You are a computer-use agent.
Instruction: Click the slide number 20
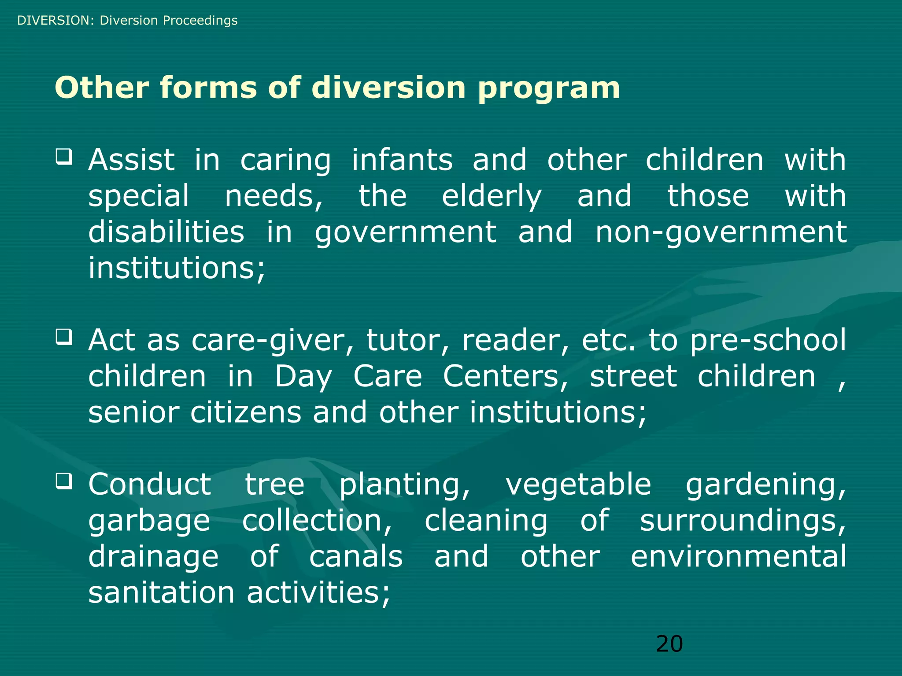(669, 644)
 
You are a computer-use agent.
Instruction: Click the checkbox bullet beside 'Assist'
(64, 157)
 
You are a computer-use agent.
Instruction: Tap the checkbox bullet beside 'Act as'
(64, 337)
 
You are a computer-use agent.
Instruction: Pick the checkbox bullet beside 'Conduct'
(64, 481)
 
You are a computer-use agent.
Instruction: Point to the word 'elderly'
(492, 197)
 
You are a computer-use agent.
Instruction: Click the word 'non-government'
(721, 233)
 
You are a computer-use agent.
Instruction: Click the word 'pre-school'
(768, 341)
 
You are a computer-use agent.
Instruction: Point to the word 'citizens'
(246, 412)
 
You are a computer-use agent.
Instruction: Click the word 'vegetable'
(578, 485)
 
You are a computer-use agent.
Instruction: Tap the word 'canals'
(356, 556)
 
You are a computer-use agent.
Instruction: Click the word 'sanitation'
(161, 592)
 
